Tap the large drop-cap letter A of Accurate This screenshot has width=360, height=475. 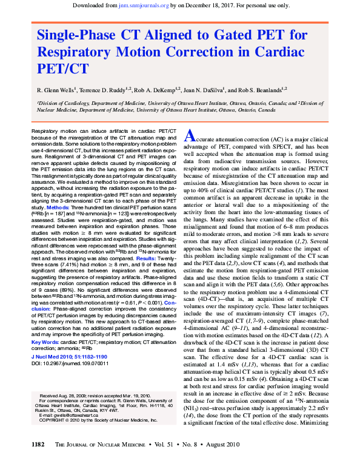(x=189, y=134)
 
